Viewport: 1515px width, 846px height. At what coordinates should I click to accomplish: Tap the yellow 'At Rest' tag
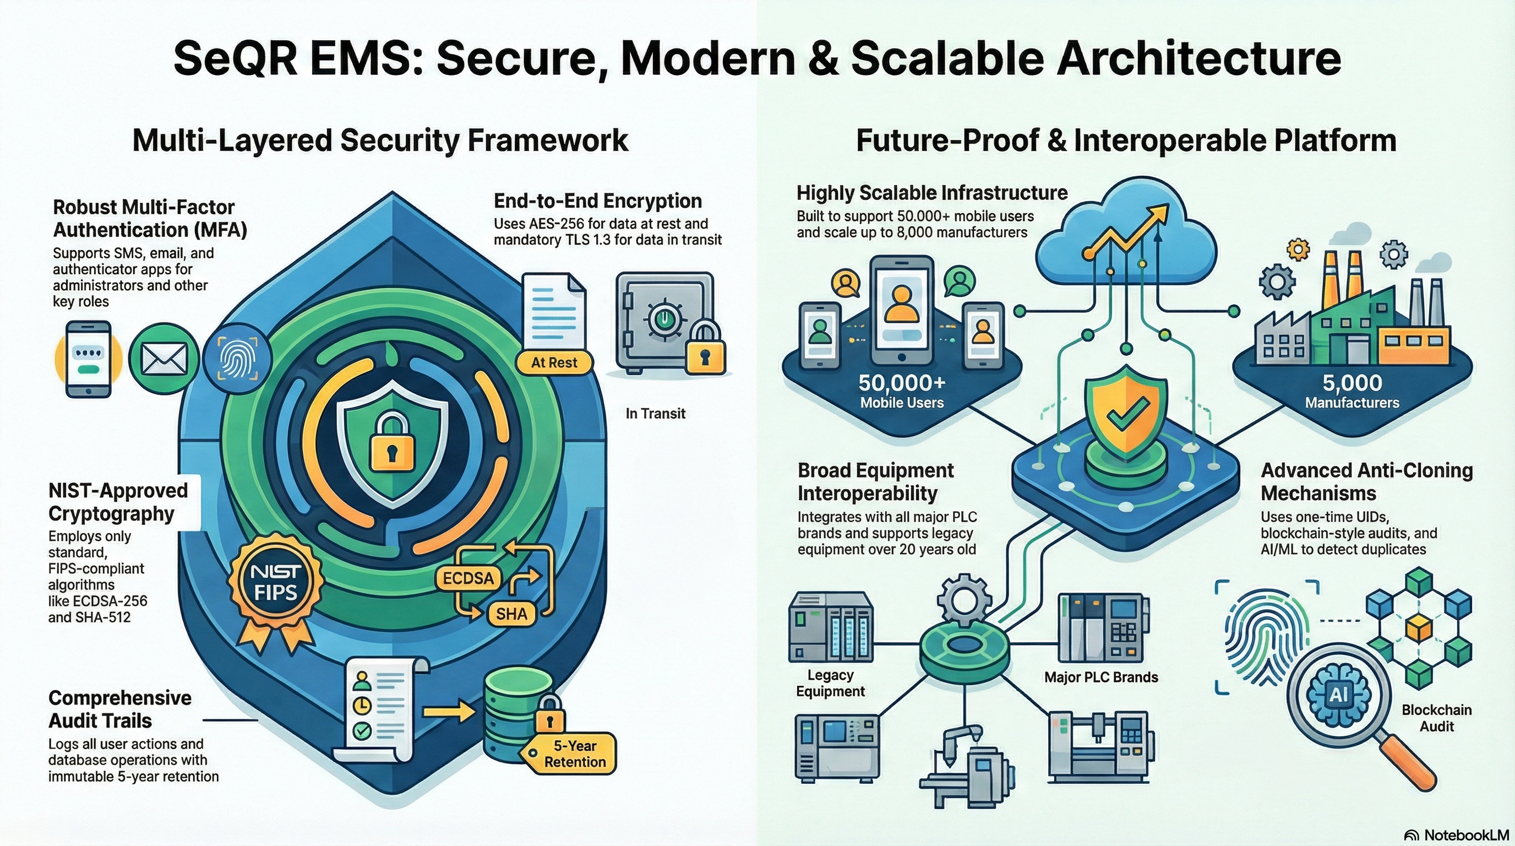554,362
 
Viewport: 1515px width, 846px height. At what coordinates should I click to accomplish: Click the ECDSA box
468,578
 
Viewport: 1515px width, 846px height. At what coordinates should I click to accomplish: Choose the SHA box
511,614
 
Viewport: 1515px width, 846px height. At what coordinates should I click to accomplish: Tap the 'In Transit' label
655,414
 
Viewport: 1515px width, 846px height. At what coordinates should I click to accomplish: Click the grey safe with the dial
664,321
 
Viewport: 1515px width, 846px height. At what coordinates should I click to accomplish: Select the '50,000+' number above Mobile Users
902,383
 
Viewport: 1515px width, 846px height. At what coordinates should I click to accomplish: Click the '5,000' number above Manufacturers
1352,383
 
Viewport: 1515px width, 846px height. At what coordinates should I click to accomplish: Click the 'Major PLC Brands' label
1101,677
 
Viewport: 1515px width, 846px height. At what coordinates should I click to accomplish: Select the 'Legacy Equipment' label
830,683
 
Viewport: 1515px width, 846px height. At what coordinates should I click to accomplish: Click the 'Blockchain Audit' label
1436,718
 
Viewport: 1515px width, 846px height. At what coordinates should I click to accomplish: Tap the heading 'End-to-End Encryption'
597,201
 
